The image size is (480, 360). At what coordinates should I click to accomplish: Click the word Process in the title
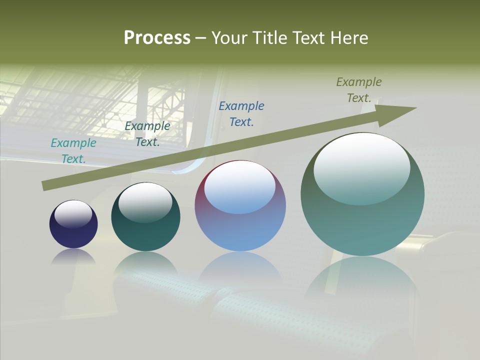click(157, 38)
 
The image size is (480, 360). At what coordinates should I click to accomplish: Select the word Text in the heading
click(309, 38)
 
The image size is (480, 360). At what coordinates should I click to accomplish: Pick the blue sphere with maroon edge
click(240, 225)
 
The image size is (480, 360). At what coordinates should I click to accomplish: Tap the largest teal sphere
click(362, 220)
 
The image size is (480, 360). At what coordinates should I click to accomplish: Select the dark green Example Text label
click(147, 134)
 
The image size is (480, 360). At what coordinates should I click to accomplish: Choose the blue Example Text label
click(241, 113)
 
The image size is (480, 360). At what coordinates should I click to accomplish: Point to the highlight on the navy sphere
click(73, 214)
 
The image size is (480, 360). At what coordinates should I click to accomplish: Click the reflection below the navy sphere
click(73, 256)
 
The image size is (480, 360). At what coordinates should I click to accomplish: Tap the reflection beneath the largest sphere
click(362, 280)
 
